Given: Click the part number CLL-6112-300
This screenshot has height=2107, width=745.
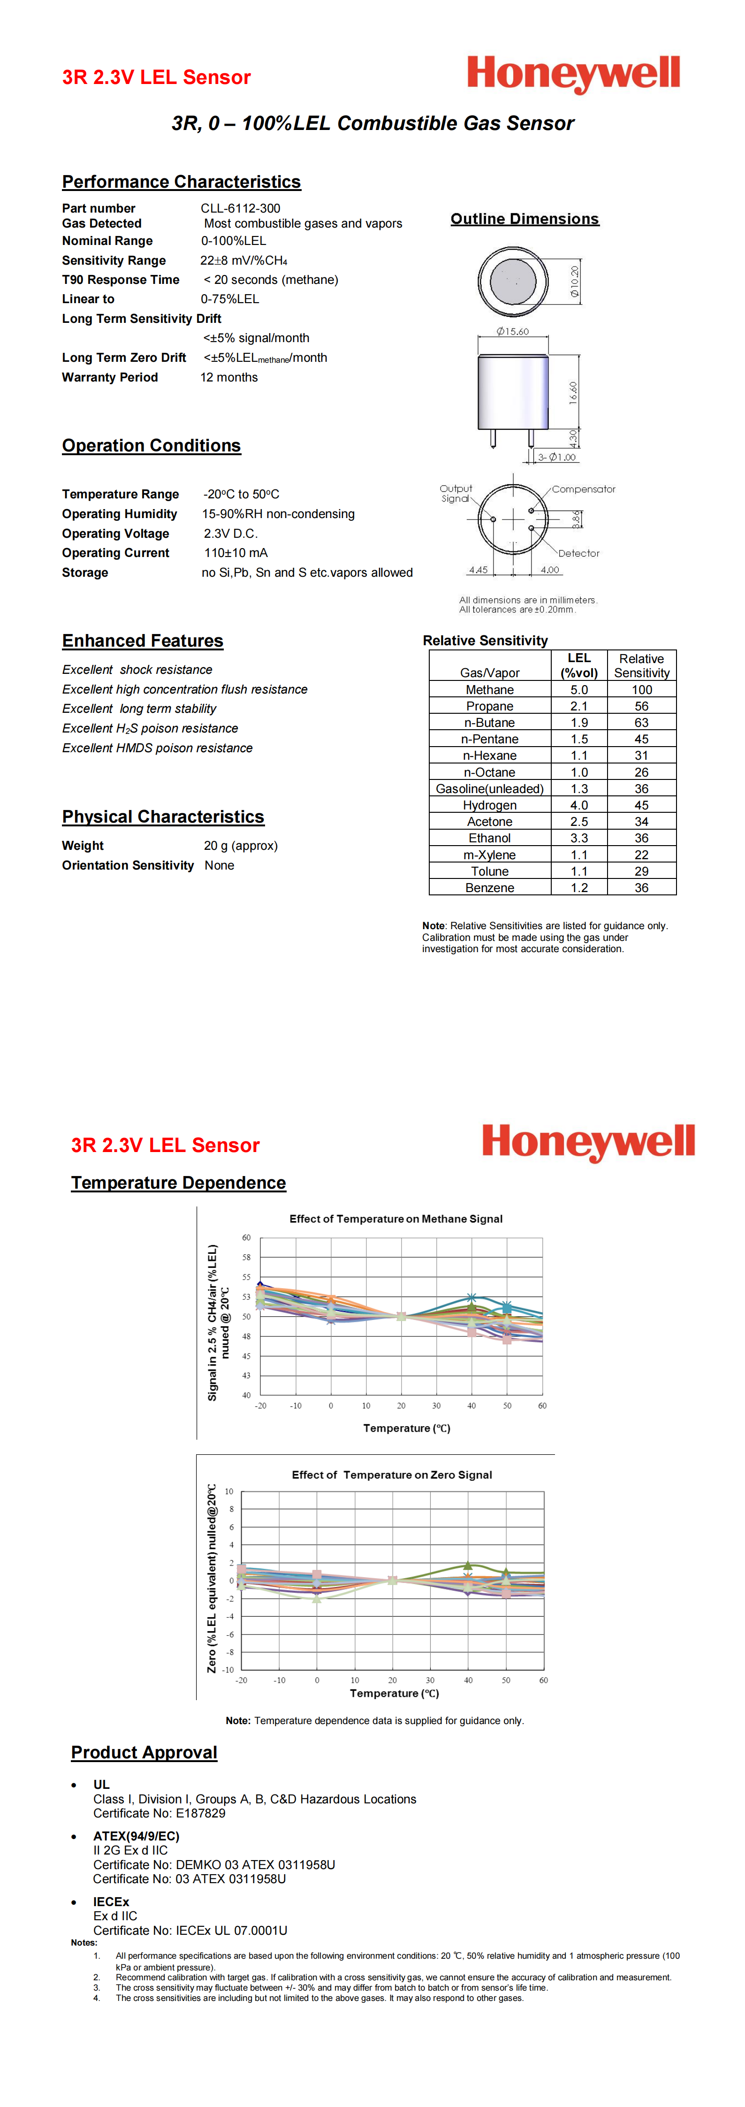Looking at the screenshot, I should coord(240,208).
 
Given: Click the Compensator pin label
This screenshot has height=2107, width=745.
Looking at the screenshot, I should coord(583,489).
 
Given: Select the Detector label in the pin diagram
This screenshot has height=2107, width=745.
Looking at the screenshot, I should coord(579,554).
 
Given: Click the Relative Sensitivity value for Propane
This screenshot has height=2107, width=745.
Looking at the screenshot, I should coord(641,706).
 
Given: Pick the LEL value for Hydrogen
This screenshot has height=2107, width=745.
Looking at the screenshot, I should coord(579,805).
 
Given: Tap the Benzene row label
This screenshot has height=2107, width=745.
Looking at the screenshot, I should coord(490,887).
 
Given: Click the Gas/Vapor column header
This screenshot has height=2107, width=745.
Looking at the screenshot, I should coord(490,672).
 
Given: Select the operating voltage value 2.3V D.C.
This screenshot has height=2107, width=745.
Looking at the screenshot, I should coord(231,533).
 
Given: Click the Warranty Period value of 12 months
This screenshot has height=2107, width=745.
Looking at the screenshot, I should coord(229,377).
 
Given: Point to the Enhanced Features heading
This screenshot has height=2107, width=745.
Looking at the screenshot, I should coord(142,641).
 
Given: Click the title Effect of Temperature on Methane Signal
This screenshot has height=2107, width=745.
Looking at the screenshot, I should coord(396,1219).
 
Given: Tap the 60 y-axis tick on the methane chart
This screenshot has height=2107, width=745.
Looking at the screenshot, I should coord(246,1237).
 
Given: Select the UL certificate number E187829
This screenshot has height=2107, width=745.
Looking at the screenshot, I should coord(200,1813).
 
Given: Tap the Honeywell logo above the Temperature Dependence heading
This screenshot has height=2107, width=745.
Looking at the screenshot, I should coord(588,1141).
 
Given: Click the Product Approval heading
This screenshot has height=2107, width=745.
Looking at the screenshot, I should coord(144,1753).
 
